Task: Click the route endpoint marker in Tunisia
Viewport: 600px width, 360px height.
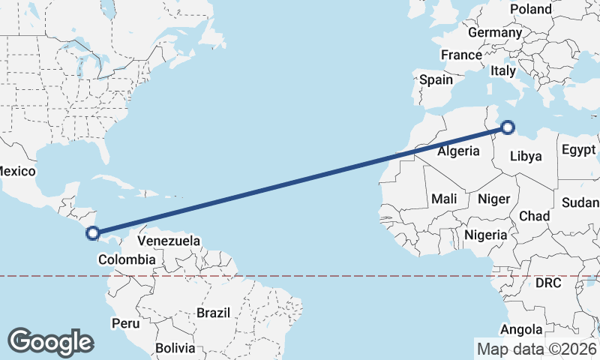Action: [508, 127]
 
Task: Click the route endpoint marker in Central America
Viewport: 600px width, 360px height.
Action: [92, 233]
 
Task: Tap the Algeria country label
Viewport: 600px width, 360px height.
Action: [458, 151]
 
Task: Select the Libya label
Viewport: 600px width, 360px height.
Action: [525, 156]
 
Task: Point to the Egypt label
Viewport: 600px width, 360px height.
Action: [578, 148]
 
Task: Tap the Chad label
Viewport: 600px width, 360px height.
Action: [535, 216]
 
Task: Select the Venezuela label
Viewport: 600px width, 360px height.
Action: [169, 241]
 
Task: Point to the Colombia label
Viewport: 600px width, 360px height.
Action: [127, 259]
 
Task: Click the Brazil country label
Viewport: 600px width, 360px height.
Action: [212, 312]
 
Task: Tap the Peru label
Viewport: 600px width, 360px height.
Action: [125, 323]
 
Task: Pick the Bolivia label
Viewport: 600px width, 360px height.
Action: [175, 348]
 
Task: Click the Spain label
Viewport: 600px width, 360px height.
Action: [436, 79]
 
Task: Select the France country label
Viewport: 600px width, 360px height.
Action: [461, 55]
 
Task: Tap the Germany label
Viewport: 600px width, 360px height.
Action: [494, 33]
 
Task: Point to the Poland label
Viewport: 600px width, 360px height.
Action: [530, 9]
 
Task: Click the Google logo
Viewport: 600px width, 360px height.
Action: [50, 342]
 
